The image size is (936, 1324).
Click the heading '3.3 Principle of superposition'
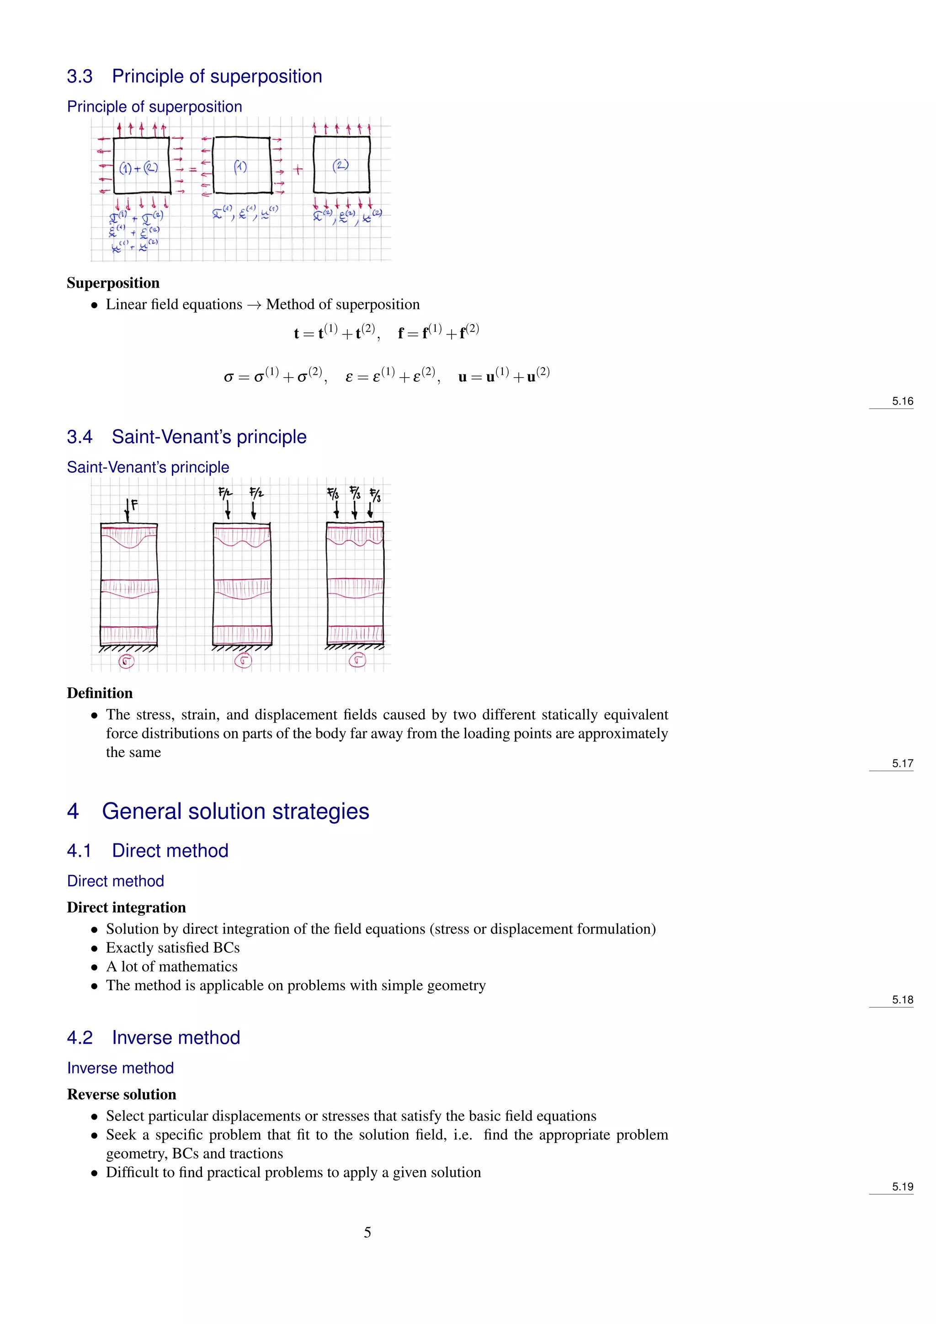tap(194, 76)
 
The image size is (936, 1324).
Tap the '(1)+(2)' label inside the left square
tap(138, 168)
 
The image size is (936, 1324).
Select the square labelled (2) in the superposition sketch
tap(341, 165)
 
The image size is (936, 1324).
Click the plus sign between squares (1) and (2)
tap(298, 170)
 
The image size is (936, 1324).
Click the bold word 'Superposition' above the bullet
tap(113, 283)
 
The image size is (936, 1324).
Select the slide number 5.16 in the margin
tap(902, 401)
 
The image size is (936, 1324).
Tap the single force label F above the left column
tap(134, 505)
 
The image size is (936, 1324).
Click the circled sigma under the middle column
tap(243, 661)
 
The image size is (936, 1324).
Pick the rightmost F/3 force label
tap(375, 495)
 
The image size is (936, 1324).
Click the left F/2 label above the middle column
tap(225, 492)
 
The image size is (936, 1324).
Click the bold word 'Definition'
tap(100, 693)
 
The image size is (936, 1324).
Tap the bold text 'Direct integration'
tap(126, 907)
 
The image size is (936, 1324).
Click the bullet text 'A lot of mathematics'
tap(171, 966)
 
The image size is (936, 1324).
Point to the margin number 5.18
tap(902, 999)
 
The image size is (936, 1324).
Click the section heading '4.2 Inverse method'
tap(153, 1037)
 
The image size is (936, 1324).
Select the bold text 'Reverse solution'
tap(122, 1094)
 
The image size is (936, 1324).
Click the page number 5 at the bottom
tap(367, 1232)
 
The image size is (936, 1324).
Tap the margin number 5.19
tap(902, 1186)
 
